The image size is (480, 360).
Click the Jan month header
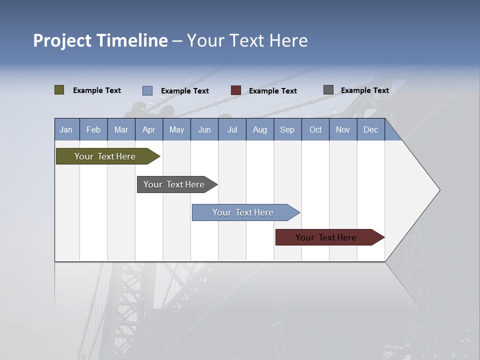(66, 129)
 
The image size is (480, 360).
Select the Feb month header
(93, 129)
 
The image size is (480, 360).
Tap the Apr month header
(149, 129)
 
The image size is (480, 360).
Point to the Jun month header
(204, 129)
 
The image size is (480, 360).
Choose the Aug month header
(260, 129)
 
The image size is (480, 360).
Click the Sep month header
(287, 129)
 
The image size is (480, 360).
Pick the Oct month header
(315, 129)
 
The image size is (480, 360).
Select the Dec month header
(371, 129)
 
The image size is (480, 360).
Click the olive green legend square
(59, 90)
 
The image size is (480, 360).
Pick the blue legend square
(147, 90)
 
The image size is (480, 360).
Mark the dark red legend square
(236, 90)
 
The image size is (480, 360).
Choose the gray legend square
(328, 90)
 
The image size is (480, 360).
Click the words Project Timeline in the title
(100, 40)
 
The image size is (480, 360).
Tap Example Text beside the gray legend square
(365, 90)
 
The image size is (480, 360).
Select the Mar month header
(121, 129)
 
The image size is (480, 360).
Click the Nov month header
(343, 129)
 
